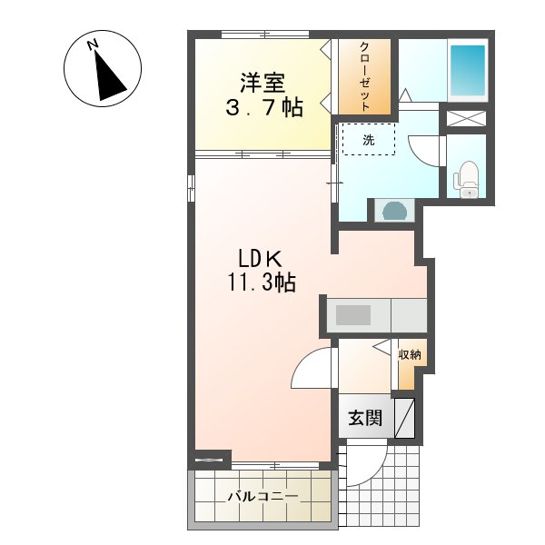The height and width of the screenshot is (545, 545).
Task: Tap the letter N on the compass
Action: (93, 45)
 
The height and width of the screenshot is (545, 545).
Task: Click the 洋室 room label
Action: (263, 84)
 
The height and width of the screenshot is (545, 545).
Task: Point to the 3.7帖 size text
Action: (263, 108)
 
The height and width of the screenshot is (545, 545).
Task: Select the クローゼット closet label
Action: (363, 76)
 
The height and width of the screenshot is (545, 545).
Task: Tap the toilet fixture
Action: (468, 178)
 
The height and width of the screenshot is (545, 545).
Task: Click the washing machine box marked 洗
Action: (369, 139)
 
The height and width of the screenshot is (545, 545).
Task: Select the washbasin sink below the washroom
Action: (395, 211)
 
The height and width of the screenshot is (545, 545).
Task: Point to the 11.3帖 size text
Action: (260, 283)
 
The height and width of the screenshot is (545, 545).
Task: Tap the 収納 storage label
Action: (410, 354)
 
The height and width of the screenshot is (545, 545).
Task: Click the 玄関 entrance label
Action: (365, 419)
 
